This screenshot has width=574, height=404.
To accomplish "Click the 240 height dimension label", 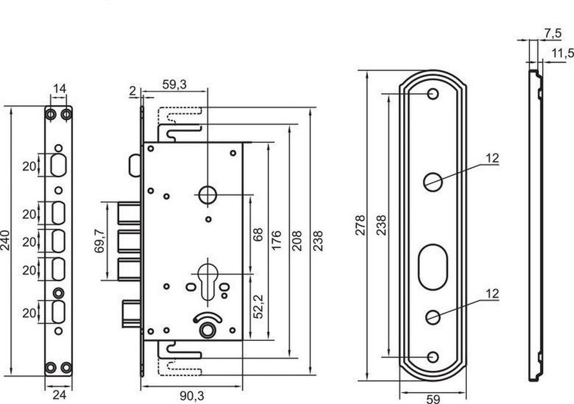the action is (x=6, y=240).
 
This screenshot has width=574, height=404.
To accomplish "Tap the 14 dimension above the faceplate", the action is (x=59, y=89).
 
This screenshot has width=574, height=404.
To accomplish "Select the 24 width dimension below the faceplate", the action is (x=59, y=395).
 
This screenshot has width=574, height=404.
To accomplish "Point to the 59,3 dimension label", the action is (x=174, y=85).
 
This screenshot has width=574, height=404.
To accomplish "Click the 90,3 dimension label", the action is (x=192, y=396).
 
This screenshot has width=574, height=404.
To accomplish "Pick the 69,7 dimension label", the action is (x=99, y=241).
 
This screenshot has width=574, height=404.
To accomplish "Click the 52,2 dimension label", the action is (x=258, y=307).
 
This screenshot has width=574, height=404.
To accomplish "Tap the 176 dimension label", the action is (x=276, y=240).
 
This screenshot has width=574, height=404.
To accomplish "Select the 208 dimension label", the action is (x=297, y=241).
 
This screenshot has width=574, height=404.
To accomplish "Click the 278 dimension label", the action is (x=360, y=225).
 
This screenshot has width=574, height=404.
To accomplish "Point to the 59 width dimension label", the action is (x=433, y=399).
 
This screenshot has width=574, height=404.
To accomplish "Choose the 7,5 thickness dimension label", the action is (x=553, y=33).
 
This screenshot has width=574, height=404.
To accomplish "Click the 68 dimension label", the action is (x=258, y=234).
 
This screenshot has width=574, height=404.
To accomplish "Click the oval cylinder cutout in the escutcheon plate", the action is (x=432, y=267).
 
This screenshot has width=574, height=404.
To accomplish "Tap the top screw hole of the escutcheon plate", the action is (x=432, y=94).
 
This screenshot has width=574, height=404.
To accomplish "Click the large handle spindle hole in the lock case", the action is (x=207, y=195).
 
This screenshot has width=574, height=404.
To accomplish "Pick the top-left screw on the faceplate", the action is (x=51, y=115).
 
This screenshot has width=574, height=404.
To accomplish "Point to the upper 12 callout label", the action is (x=492, y=158).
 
